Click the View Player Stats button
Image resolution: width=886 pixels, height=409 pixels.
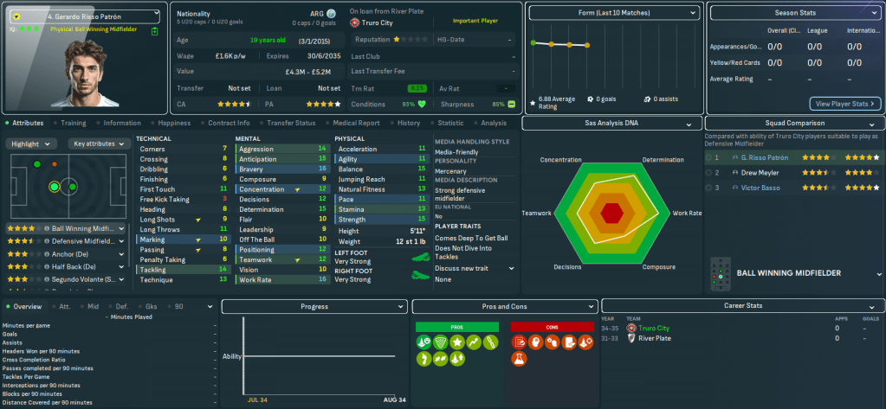click(844, 104)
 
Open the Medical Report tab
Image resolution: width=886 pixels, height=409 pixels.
click(356, 123)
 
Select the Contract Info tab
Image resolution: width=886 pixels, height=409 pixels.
click(229, 123)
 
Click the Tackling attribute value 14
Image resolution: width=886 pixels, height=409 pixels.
click(223, 270)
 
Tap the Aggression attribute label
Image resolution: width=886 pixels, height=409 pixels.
click(255, 149)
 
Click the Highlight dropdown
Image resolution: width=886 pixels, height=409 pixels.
click(33, 144)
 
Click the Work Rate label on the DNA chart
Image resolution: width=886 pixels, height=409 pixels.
click(687, 213)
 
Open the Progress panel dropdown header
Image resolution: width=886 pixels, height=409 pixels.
click(314, 307)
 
